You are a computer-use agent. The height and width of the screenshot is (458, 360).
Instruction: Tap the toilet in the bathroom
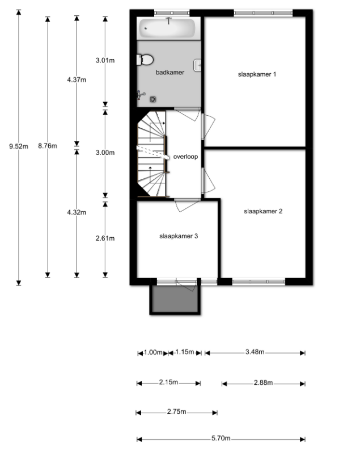tap(145, 60)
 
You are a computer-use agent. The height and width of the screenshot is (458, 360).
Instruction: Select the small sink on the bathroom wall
tap(197, 65)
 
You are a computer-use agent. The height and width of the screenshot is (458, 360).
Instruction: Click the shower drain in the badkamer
tap(153, 99)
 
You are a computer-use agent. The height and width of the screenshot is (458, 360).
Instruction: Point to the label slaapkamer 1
tap(257, 74)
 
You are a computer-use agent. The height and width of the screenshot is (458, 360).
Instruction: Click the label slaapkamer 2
tap(263, 211)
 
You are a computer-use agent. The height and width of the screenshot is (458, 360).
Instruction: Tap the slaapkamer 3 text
tap(179, 236)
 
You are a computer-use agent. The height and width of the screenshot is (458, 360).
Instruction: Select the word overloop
tap(185, 157)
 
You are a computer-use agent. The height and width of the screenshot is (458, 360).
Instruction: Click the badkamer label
tap(170, 73)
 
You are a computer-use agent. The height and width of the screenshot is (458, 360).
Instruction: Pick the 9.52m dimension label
tap(19, 146)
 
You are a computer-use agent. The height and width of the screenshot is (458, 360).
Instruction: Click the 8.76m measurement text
tap(48, 146)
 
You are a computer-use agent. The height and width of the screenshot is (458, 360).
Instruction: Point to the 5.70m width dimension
tap(221, 438)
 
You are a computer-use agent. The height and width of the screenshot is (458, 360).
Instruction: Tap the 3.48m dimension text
tap(255, 352)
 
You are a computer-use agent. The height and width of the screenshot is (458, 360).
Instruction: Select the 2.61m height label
tap(105, 238)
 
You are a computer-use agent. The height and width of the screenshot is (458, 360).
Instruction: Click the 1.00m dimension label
tap(153, 352)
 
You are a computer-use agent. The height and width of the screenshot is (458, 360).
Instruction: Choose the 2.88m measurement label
tap(263, 383)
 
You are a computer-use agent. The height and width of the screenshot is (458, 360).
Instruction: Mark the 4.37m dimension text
tap(77, 80)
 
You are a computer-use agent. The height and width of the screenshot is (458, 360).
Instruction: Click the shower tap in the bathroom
tap(141, 95)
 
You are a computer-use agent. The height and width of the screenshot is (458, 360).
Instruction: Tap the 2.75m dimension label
tap(176, 412)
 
